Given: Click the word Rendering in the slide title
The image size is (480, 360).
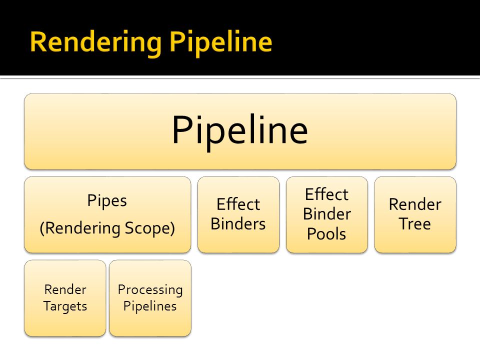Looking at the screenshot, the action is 96,43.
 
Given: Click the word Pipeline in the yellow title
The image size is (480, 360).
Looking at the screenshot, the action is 220,43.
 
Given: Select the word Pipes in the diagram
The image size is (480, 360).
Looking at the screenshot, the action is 107,201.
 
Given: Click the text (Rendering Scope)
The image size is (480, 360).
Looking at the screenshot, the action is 107,228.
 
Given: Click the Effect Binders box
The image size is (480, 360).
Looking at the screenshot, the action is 238,214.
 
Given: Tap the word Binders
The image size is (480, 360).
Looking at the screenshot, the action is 238,223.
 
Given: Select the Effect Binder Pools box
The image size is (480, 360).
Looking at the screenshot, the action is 327,214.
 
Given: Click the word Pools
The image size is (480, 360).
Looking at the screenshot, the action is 326,234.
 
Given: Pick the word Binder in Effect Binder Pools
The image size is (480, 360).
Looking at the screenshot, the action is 327,213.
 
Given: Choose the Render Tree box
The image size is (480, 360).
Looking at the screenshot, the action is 415,214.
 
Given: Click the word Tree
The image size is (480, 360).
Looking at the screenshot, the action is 415,223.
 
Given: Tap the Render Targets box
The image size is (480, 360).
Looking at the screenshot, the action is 65,298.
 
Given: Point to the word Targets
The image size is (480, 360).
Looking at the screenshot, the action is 65,306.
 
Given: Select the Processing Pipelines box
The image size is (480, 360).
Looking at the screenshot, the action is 150,298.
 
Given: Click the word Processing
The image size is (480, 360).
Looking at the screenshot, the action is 150,290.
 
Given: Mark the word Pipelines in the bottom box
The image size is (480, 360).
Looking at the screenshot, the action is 150,306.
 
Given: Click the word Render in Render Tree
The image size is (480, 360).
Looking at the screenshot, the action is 415,204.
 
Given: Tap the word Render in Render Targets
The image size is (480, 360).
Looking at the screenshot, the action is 65,289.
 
